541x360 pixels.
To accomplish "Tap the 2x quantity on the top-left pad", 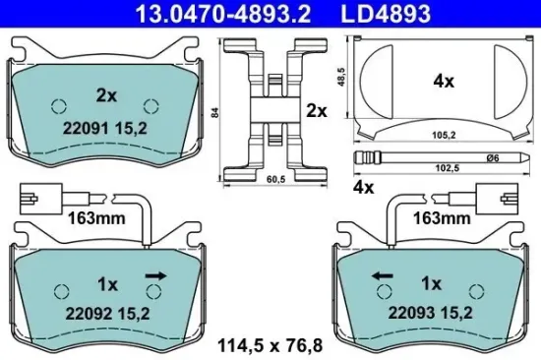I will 106,96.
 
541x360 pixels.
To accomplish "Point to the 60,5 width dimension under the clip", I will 275,180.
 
